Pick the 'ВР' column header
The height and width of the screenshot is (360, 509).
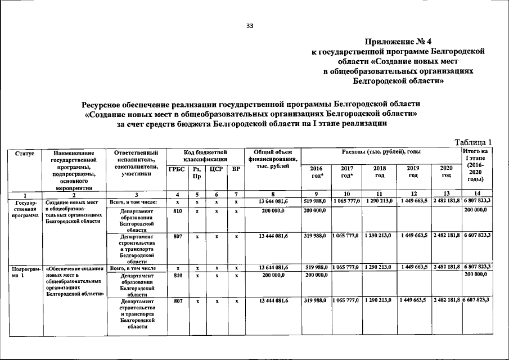coord(236,169)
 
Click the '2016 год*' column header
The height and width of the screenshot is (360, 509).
coord(316,172)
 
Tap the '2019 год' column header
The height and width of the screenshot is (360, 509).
coord(413,172)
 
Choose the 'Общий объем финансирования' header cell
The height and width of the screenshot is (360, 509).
coord(272,160)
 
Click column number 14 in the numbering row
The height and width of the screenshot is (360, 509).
coord(476,194)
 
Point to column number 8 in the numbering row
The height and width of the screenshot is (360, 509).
coord(272,194)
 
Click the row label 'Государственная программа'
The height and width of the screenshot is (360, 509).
coord(25,208)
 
